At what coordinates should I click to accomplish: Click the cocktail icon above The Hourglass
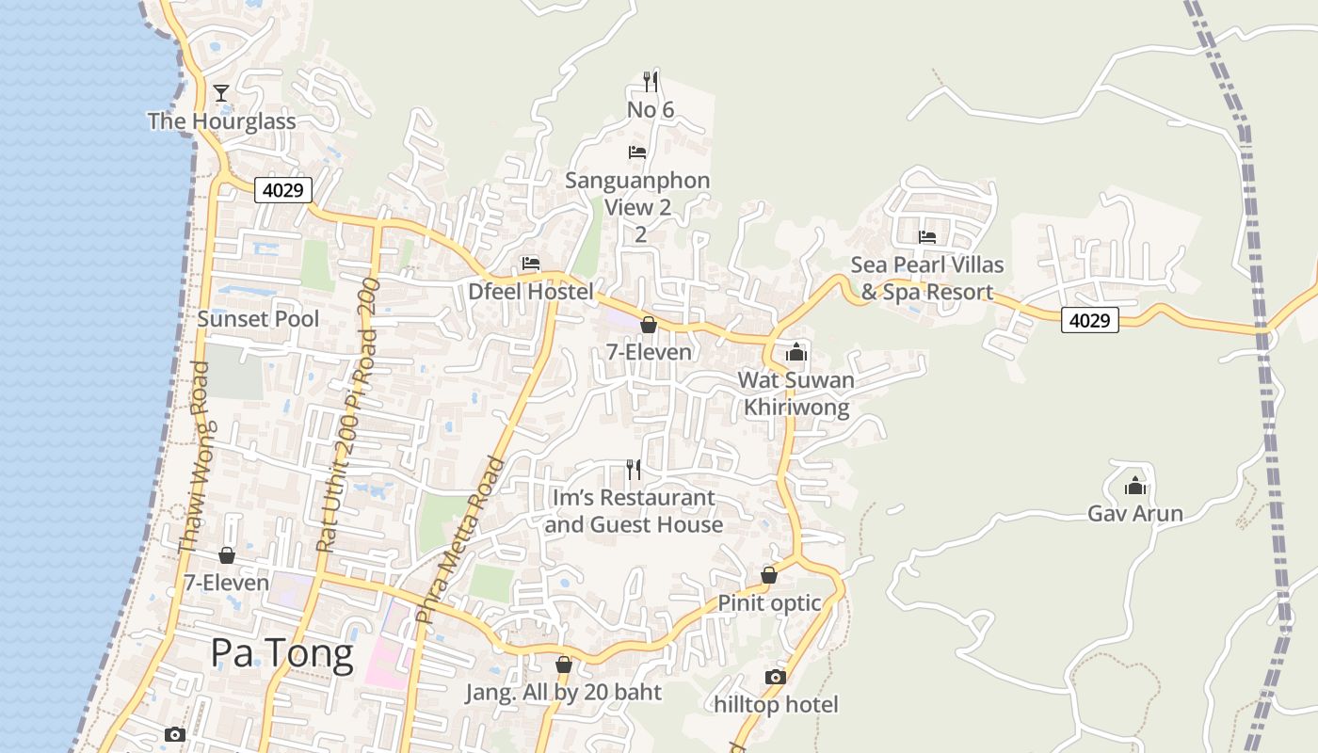click(x=221, y=92)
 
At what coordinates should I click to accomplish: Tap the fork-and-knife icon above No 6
click(x=650, y=81)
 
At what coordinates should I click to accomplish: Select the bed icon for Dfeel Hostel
click(x=531, y=264)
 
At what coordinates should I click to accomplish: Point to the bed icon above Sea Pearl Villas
click(x=927, y=237)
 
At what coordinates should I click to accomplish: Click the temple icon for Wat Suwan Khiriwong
click(x=796, y=352)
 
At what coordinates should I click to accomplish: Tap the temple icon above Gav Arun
click(x=1135, y=486)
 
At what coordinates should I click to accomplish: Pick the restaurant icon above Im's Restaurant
click(x=634, y=469)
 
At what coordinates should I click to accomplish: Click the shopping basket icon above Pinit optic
click(x=769, y=575)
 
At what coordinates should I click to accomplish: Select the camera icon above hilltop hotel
click(x=775, y=677)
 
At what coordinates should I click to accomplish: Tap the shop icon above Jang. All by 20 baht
click(x=563, y=665)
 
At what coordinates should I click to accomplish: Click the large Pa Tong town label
click(x=281, y=652)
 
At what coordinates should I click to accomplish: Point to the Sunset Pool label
click(x=258, y=319)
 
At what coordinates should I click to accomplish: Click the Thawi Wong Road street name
click(x=193, y=458)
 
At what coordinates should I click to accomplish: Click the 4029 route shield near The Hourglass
click(x=283, y=190)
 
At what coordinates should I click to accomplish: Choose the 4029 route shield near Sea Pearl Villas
click(x=1090, y=320)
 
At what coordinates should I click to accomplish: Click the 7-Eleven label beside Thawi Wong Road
click(x=226, y=583)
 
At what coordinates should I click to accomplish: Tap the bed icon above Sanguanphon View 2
click(x=637, y=152)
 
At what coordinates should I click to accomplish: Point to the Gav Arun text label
click(x=1135, y=514)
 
